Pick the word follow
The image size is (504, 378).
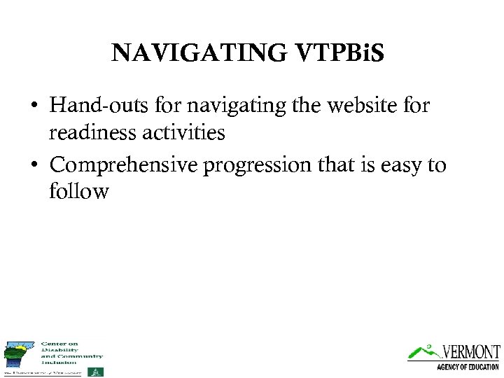[78, 190]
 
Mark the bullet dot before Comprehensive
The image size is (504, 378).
[34, 167]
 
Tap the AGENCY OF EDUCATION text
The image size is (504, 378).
[468, 367]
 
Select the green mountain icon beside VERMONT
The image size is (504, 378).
[423, 351]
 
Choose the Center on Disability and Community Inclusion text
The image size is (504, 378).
[71, 352]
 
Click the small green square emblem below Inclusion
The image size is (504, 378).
[99, 371]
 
